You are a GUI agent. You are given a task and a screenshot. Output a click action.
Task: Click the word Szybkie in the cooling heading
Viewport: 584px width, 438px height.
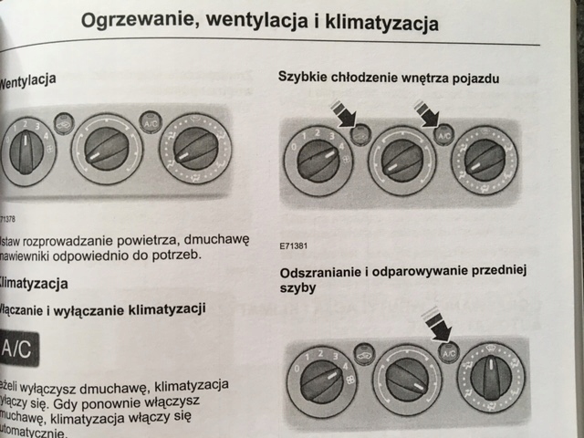pyautogui.click(x=304, y=78)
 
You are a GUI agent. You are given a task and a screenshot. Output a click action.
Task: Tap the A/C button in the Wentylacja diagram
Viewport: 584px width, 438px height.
pyautogui.click(x=151, y=122)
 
